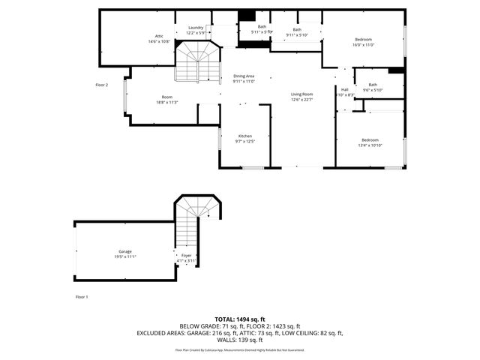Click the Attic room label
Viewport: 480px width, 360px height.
coord(159,36)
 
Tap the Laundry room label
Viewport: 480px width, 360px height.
coord(195,28)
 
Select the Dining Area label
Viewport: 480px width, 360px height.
coord(244,76)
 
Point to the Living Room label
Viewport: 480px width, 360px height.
coord(301,94)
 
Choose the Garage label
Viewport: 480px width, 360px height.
coord(124,251)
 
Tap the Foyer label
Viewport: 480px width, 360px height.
coord(186,256)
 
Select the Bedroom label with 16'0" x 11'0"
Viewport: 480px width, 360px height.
coord(363,39)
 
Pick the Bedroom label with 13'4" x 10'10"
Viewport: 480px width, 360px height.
coord(370,140)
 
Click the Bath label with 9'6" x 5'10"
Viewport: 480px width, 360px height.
coord(373,85)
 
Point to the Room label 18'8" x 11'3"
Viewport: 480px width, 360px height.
coord(167,97)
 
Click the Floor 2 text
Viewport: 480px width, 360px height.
coord(102,85)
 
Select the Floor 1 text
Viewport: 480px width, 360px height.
coord(82,297)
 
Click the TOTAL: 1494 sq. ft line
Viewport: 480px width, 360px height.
coord(239,319)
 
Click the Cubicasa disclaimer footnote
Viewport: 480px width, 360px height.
coord(239,349)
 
